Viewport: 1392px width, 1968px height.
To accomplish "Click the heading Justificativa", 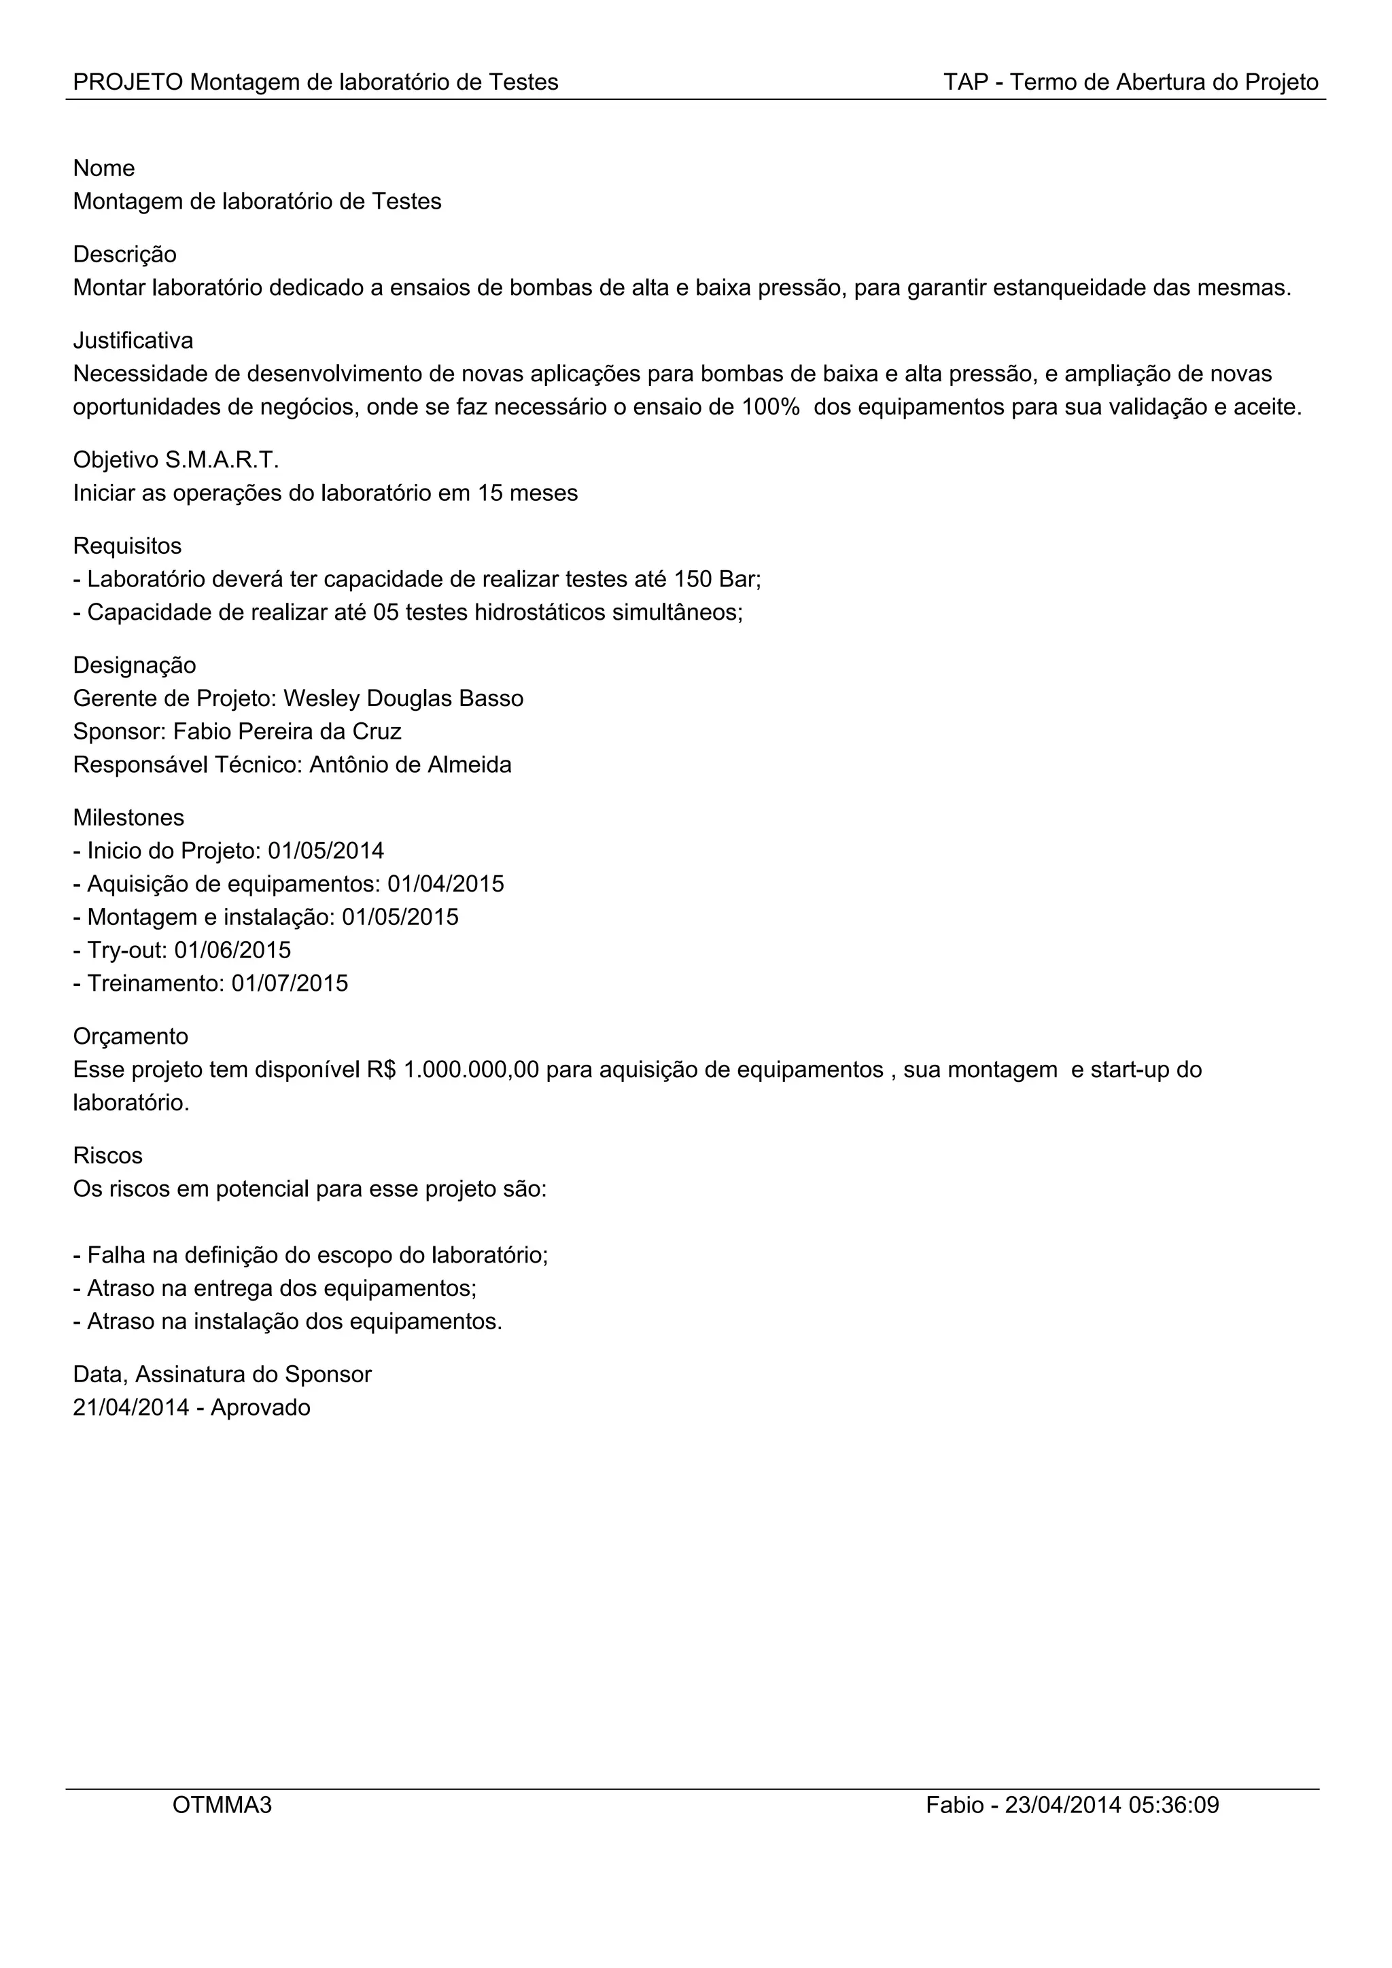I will (133, 341).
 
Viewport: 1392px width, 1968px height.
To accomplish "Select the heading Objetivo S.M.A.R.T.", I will (176, 460).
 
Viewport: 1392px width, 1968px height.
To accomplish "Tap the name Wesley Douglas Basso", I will (403, 699).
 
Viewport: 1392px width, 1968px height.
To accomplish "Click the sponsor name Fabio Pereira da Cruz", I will (287, 732).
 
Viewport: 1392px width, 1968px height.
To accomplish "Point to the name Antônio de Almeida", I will (410, 765).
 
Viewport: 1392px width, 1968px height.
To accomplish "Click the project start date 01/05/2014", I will (326, 851).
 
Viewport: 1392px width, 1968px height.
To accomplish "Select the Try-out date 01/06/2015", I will (232, 951).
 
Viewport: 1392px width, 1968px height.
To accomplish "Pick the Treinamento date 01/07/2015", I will (290, 983).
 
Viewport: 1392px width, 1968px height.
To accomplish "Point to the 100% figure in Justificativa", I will (769, 407).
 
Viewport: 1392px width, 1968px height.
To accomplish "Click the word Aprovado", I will (260, 1408).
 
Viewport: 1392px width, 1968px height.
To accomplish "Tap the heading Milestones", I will (128, 818).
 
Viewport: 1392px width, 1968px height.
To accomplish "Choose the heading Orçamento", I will (130, 1037).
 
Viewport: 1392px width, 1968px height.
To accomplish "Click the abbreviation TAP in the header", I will (965, 82).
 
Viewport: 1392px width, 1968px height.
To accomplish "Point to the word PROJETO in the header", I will (128, 82).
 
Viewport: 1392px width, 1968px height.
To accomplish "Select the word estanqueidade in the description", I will (1069, 288).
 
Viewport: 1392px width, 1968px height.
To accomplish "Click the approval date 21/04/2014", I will (130, 1408).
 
